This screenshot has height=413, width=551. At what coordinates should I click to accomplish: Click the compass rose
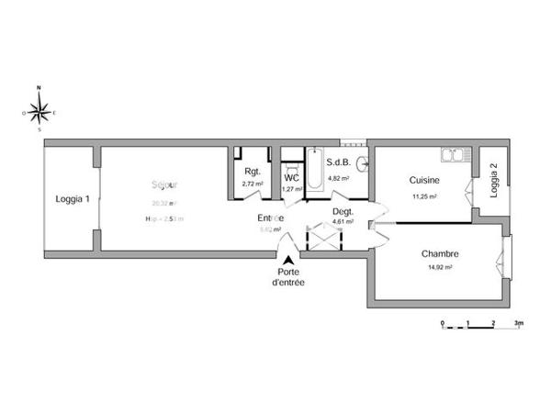coord(39,112)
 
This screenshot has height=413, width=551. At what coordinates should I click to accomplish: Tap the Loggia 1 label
coord(72,199)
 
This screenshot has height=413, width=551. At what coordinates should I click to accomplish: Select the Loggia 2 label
coord(494,181)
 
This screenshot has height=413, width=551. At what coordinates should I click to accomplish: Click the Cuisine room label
coord(423,181)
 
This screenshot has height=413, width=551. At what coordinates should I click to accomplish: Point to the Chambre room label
coord(440,254)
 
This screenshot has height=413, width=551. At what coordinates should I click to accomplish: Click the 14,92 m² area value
coord(440,268)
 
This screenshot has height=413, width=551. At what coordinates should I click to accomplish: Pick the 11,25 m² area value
coord(423,195)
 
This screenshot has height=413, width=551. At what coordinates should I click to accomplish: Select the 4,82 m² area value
coord(340,178)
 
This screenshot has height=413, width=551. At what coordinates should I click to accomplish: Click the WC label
coord(292,177)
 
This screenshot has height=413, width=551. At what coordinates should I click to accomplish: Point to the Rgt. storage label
coord(253,171)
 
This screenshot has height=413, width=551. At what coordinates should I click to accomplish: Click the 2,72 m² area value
coord(253,184)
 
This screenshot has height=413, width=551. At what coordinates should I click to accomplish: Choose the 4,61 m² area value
coord(343,222)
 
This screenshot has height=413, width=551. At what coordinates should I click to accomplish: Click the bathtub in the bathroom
coord(315,171)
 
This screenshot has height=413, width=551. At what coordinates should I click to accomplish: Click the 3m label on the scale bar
coord(518,324)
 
